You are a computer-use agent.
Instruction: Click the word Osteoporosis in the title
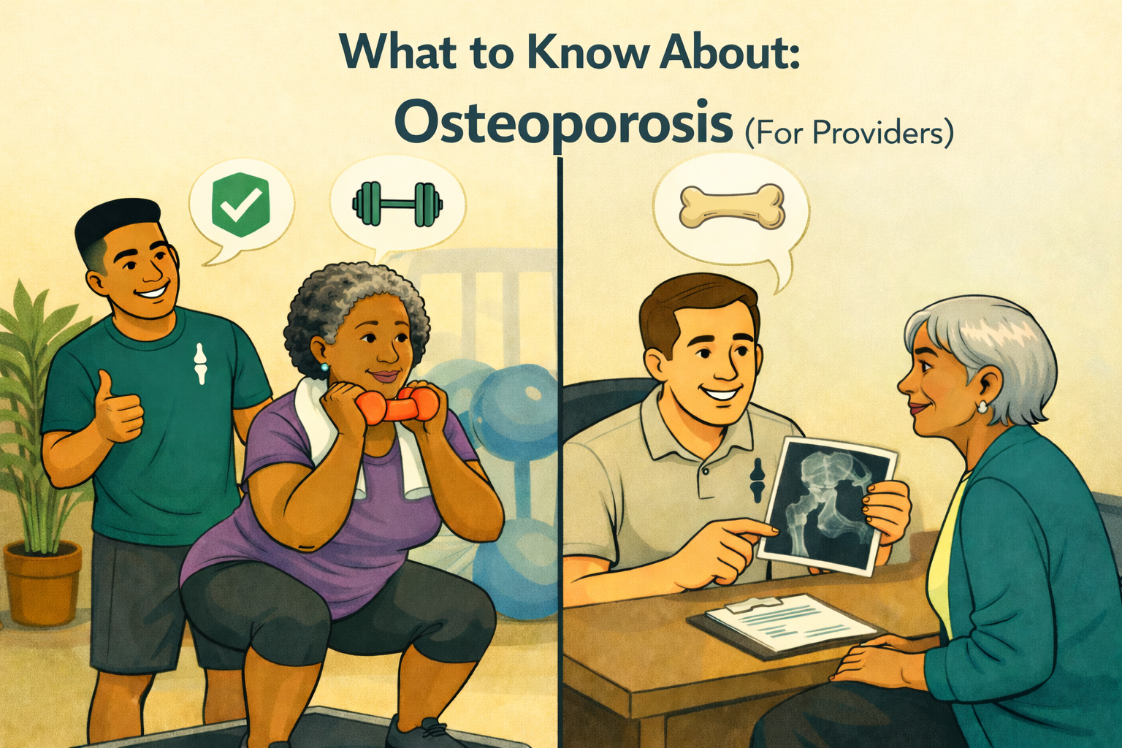563,126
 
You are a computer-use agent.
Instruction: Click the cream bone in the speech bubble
731,205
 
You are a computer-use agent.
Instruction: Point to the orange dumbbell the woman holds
387,405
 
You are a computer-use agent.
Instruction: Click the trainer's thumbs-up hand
117,411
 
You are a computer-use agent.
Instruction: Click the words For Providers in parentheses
850,134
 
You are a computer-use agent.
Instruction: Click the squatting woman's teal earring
323,367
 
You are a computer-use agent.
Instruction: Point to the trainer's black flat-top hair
117,219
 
